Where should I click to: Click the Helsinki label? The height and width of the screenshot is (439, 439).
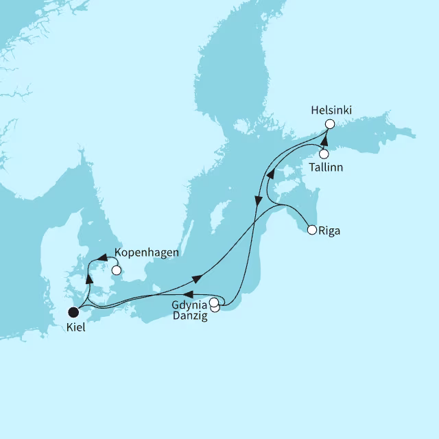point(332,110)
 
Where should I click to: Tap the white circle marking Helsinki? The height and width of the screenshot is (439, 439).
point(329,124)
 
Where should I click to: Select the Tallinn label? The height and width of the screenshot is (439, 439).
point(325,167)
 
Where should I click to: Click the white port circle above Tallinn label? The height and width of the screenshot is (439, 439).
point(324,154)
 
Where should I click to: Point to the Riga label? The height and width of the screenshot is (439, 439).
point(329,230)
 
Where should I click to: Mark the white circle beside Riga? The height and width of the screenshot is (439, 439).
point(312,230)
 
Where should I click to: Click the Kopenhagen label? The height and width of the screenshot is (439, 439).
point(147,252)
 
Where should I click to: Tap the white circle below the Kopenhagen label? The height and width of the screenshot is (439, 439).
point(116,270)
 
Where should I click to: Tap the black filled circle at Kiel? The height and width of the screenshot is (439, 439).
point(73,312)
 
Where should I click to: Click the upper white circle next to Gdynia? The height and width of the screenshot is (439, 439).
point(214,302)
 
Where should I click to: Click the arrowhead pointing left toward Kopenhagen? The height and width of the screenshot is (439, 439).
point(102,259)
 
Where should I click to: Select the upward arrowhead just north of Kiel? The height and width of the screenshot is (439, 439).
point(88,279)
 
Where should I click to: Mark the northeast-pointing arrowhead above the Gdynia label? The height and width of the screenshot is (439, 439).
point(197,278)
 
